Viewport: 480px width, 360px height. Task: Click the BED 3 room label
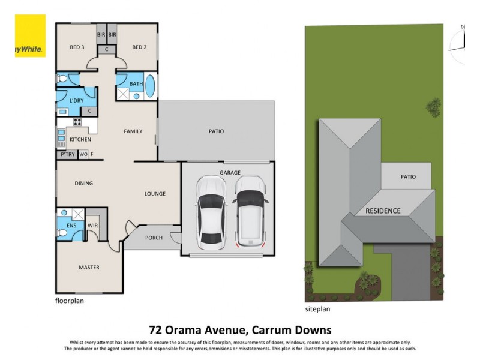tap(76, 47)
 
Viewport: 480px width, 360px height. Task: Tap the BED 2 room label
tap(139, 47)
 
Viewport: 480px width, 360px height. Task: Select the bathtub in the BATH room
tap(150, 87)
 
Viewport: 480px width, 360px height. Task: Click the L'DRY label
tap(76, 100)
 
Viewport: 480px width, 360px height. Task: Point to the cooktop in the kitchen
tap(77, 122)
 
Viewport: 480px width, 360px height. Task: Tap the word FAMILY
tap(133, 131)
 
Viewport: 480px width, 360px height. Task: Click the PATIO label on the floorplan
tap(216, 131)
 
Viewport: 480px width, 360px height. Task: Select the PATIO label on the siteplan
tap(407, 177)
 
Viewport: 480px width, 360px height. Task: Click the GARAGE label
tap(229, 172)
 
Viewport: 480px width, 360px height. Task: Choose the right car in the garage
tap(250, 212)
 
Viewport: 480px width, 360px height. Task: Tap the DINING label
tap(84, 184)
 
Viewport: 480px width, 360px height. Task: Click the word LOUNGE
tap(155, 194)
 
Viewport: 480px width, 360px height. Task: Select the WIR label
tap(93, 226)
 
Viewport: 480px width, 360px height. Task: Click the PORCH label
tap(154, 238)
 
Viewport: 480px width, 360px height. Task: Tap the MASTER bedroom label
tap(89, 268)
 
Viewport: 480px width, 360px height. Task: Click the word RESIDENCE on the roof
tap(383, 211)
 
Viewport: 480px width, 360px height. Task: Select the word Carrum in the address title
tap(267, 329)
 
